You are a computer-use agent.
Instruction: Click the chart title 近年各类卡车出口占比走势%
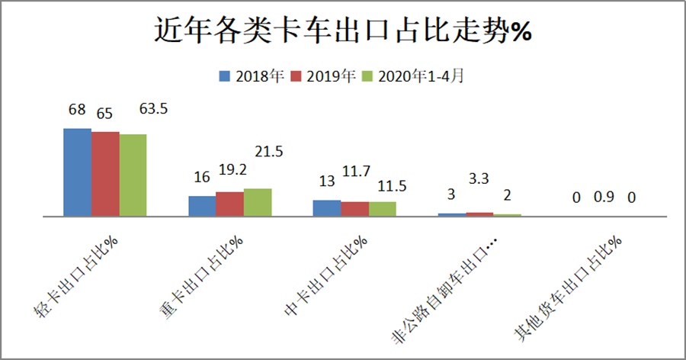tap(342, 31)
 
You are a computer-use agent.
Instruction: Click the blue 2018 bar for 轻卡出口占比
tap(77, 172)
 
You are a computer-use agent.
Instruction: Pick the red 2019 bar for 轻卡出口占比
tap(105, 174)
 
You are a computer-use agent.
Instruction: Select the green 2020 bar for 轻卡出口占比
tap(133, 175)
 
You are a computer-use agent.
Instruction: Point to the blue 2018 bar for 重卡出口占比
tap(202, 206)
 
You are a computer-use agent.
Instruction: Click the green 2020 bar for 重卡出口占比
tap(258, 202)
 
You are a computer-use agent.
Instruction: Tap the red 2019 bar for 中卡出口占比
tap(354, 209)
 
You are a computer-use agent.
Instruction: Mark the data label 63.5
tap(153, 109)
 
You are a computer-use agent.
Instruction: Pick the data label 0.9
tap(604, 198)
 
